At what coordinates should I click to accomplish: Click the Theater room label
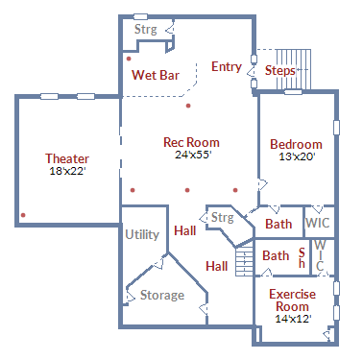[67, 158]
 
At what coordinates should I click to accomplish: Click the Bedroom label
[296, 145]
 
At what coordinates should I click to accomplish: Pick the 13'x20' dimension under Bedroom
[296, 156]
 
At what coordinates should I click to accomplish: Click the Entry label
[227, 66]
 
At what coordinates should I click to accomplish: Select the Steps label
[280, 71]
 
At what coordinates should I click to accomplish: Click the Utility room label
[141, 234]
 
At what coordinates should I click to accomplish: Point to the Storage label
[161, 295]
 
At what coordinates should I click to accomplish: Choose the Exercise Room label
[294, 300]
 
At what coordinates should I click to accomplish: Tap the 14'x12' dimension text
[294, 318]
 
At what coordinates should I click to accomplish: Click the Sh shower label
[301, 257]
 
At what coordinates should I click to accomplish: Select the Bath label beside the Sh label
[276, 256]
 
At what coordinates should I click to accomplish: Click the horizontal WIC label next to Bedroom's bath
[319, 223]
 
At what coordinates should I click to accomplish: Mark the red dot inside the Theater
[23, 214]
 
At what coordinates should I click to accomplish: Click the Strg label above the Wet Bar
[145, 30]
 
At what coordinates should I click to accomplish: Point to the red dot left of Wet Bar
[128, 59]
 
